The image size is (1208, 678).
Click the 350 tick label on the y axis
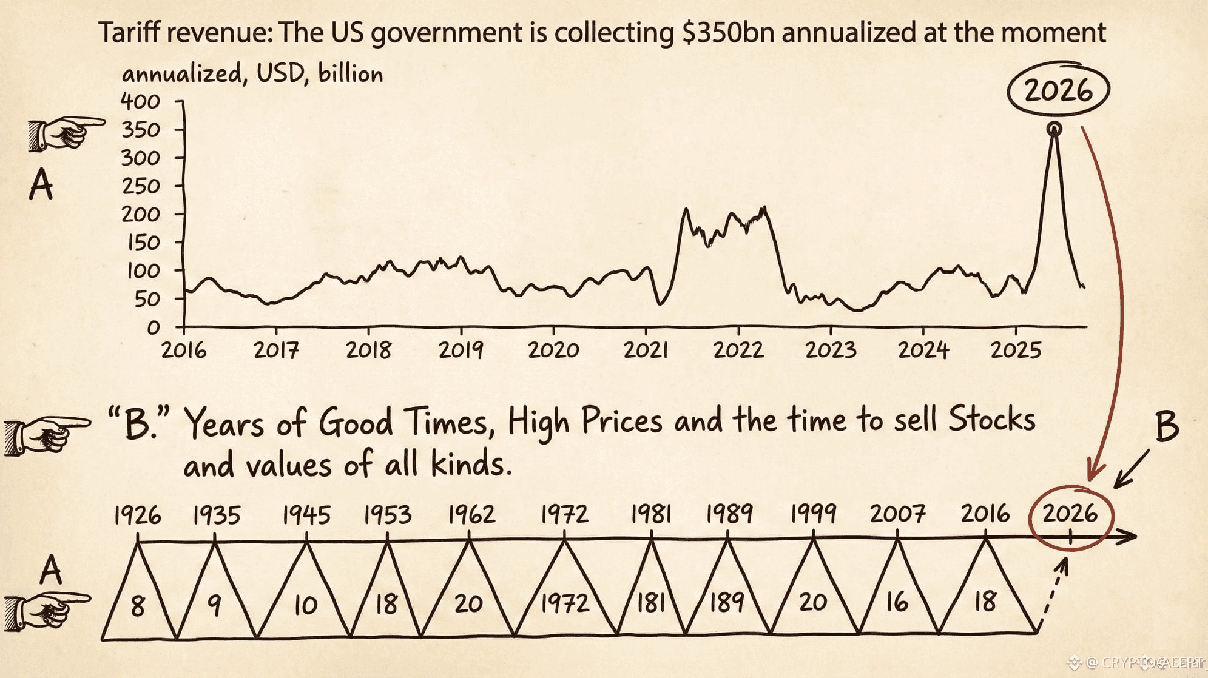[x=141, y=130]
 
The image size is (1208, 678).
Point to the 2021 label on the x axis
[x=646, y=350]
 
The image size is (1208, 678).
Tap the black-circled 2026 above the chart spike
[x=1058, y=90]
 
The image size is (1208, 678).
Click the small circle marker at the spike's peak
[x=1054, y=129]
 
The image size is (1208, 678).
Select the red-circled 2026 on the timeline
[x=1070, y=514]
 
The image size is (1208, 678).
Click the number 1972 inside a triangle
[x=564, y=603]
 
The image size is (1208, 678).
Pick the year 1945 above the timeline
[x=306, y=515]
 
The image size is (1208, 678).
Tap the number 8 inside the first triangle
[x=138, y=606]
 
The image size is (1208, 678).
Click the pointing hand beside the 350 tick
[x=65, y=133]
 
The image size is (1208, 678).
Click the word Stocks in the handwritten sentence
[x=992, y=419]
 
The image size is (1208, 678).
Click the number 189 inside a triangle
[x=727, y=602]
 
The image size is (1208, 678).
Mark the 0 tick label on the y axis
[x=154, y=328]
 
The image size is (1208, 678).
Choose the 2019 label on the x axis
[x=461, y=350]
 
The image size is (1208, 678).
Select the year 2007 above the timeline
[x=898, y=514]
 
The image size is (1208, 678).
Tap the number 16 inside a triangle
[x=897, y=602]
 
